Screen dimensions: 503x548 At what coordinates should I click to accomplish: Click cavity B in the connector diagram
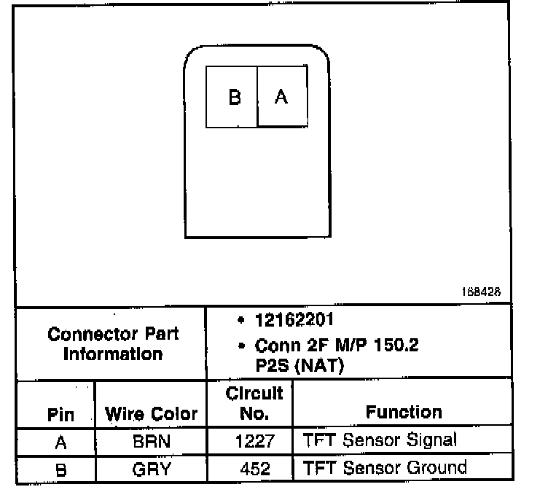pyautogui.click(x=233, y=97)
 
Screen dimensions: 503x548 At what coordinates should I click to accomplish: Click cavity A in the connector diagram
pyautogui.click(x=281, y=97)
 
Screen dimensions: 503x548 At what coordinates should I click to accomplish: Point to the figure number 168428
pyautogui.click(x=480, y=292)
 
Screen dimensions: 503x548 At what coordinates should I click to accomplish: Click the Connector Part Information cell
pyautogui.click(x=113, y=344)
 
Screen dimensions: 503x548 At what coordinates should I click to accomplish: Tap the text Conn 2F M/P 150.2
pyautogui.click(x=337, y=346)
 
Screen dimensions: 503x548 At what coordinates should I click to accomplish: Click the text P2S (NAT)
pyautogui.click(x=299, y=366)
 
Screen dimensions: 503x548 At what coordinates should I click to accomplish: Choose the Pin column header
pyautogui.click(x=60, y=414)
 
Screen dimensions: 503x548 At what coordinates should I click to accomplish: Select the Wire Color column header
pyautogui.click(x=152, y=414)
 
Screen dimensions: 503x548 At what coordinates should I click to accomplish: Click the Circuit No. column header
pyautogui.click(x=254, y=404)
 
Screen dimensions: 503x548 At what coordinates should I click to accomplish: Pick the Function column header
pyautogui.click(x=404, y=412)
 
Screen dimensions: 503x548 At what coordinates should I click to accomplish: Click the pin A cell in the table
pyautogui.click(x=60, y=441)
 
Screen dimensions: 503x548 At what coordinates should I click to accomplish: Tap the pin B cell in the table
pyautogui.click(x=60, y=469)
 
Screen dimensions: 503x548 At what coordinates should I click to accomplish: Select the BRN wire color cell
pyautogui.click(x=152, y=441)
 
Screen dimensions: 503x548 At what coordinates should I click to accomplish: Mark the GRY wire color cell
pyautogui.click(x=152, y=469)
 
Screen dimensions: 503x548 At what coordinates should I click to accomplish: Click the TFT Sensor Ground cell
pyautogui.click(x=383, y=467)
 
